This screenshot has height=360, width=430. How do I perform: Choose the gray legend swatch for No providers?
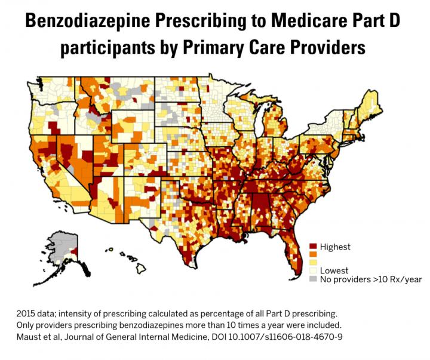point(312,279)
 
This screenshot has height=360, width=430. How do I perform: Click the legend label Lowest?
point(334,270)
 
